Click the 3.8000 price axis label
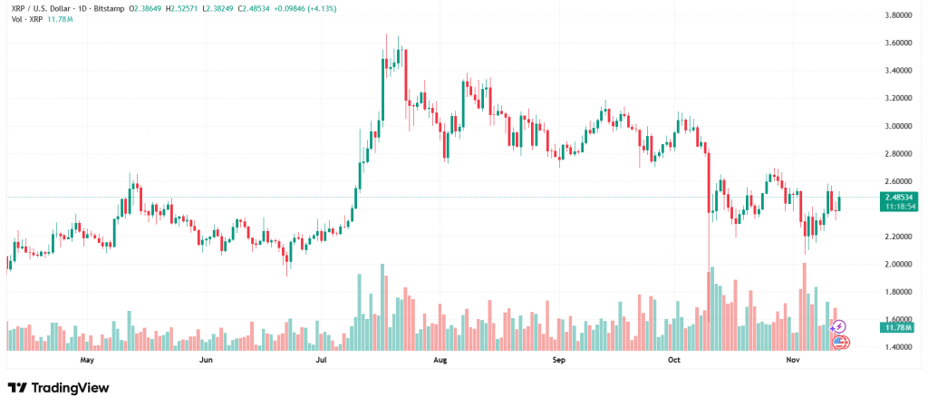(901, 15)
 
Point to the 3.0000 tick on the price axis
(901, 126)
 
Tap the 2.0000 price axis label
(901, 265)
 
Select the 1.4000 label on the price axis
(901, 347)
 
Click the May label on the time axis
(87, 360)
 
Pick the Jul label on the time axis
(321, 360)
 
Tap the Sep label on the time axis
(558, 360)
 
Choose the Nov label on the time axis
(793, 360)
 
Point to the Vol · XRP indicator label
(23, 17)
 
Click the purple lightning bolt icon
(839, 325)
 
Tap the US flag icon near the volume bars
(840, 342)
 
